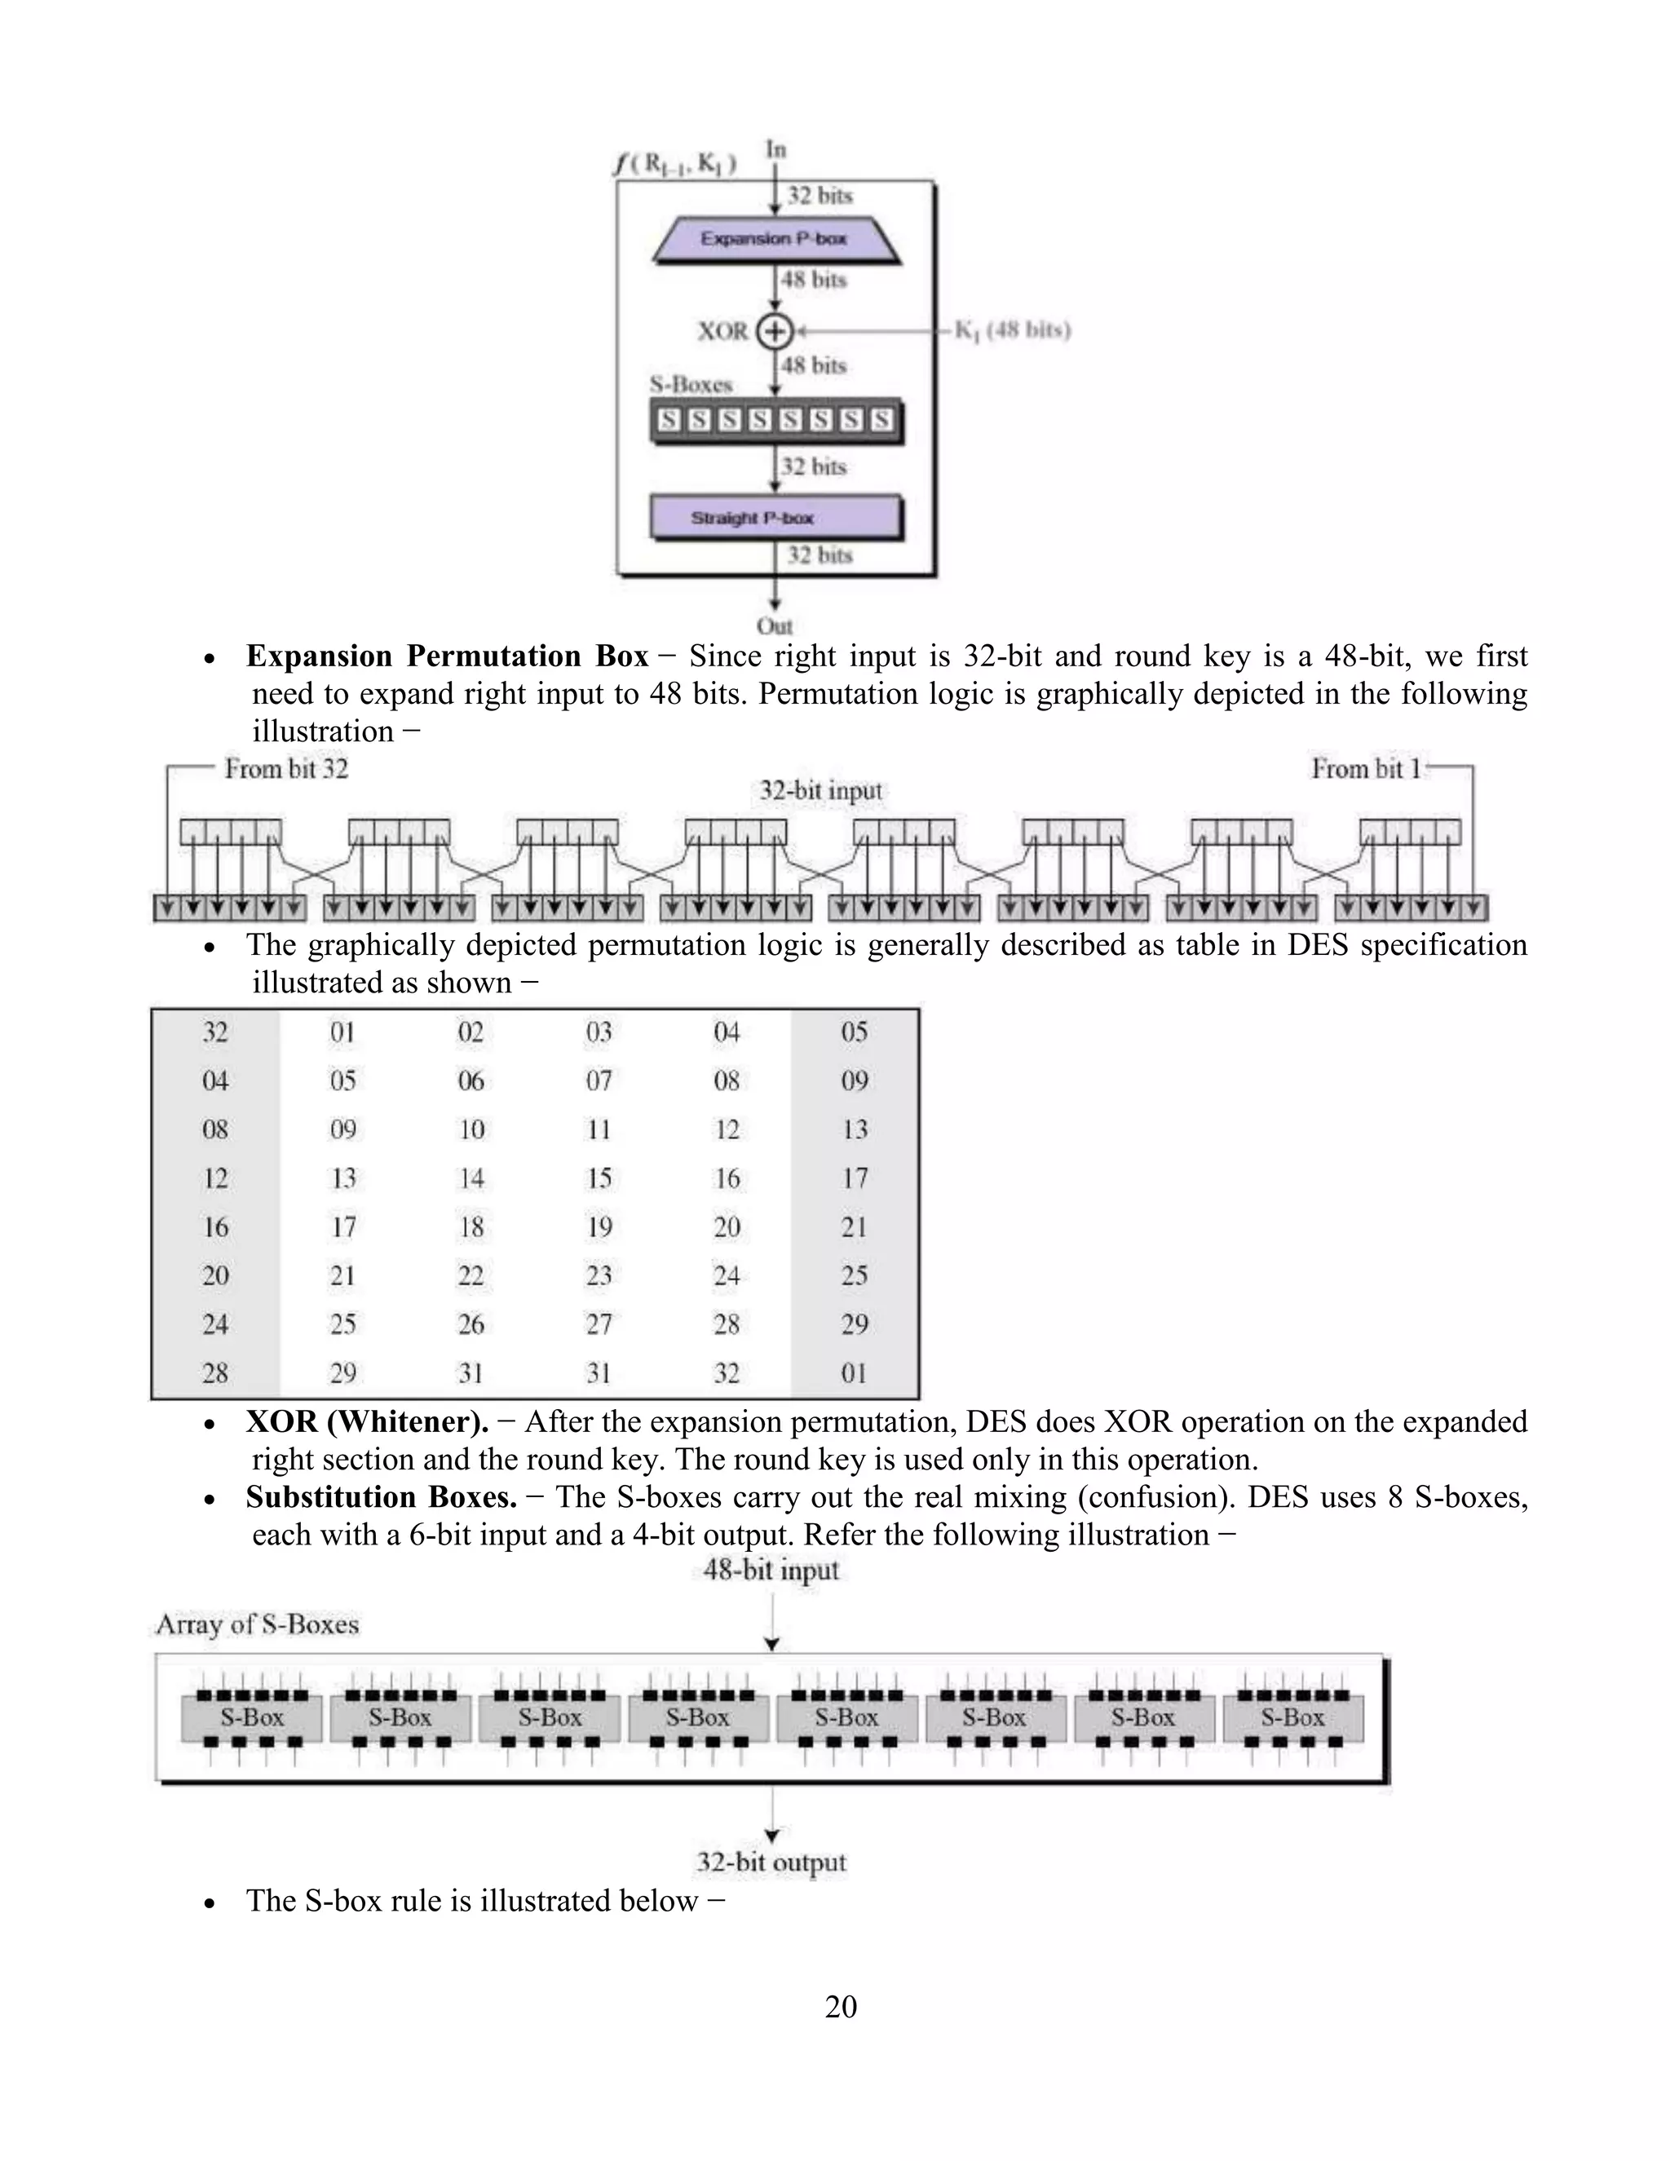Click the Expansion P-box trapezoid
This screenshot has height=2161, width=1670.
pyautogui.click(x=775, y=240)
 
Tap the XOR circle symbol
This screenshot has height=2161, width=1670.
pyautogui.click(x=775, y=331)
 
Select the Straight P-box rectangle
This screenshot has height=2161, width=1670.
pyautogui.click(x=775, y=518)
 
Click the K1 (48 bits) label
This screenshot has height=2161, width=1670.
pyautogui.click(x=1012, y=330)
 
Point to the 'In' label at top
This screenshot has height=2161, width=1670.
pyautogui.click(x=775, y=149)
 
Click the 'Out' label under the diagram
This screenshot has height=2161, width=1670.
pyautogui.click(x=775, y=625)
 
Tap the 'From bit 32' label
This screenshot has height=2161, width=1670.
pyautogui.click(x=286, y=769)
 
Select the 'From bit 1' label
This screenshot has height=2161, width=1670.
pyautogui.click(x=1365, y=769)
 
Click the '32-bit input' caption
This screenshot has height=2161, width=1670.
pyautogui.click(x=820, y=790)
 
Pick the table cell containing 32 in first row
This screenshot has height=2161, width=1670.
pyautogui.click(x=214, y=1032)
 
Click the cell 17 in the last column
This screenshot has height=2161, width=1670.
pyautogui.click(x=855, y=1178)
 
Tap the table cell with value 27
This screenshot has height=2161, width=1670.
pyautogui.click(x=599, y=1324)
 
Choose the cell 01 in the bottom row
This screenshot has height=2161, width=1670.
pyautogui.click(x=855, y=1372)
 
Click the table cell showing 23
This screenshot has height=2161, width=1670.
pyautogui.click(x=599, y=1275)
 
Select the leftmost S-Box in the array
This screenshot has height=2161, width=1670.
pyautogui.click(x=251, y=1717)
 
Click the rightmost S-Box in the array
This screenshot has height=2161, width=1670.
pyautogui.click(x=1292, y=1717)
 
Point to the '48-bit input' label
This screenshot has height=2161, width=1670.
pyautogui.click(x=771, y=1571)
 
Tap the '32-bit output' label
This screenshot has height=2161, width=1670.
pyautogui.click(x=771, y=1863)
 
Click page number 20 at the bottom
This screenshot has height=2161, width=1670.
pyautogui.click(x=840, y=2006)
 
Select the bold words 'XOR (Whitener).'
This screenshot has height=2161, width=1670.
pyautogui.click(x=367, y=1422)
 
